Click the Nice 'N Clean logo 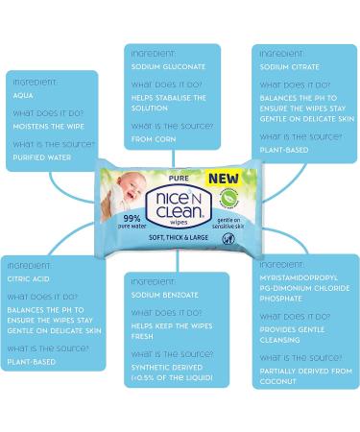point(179,206)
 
